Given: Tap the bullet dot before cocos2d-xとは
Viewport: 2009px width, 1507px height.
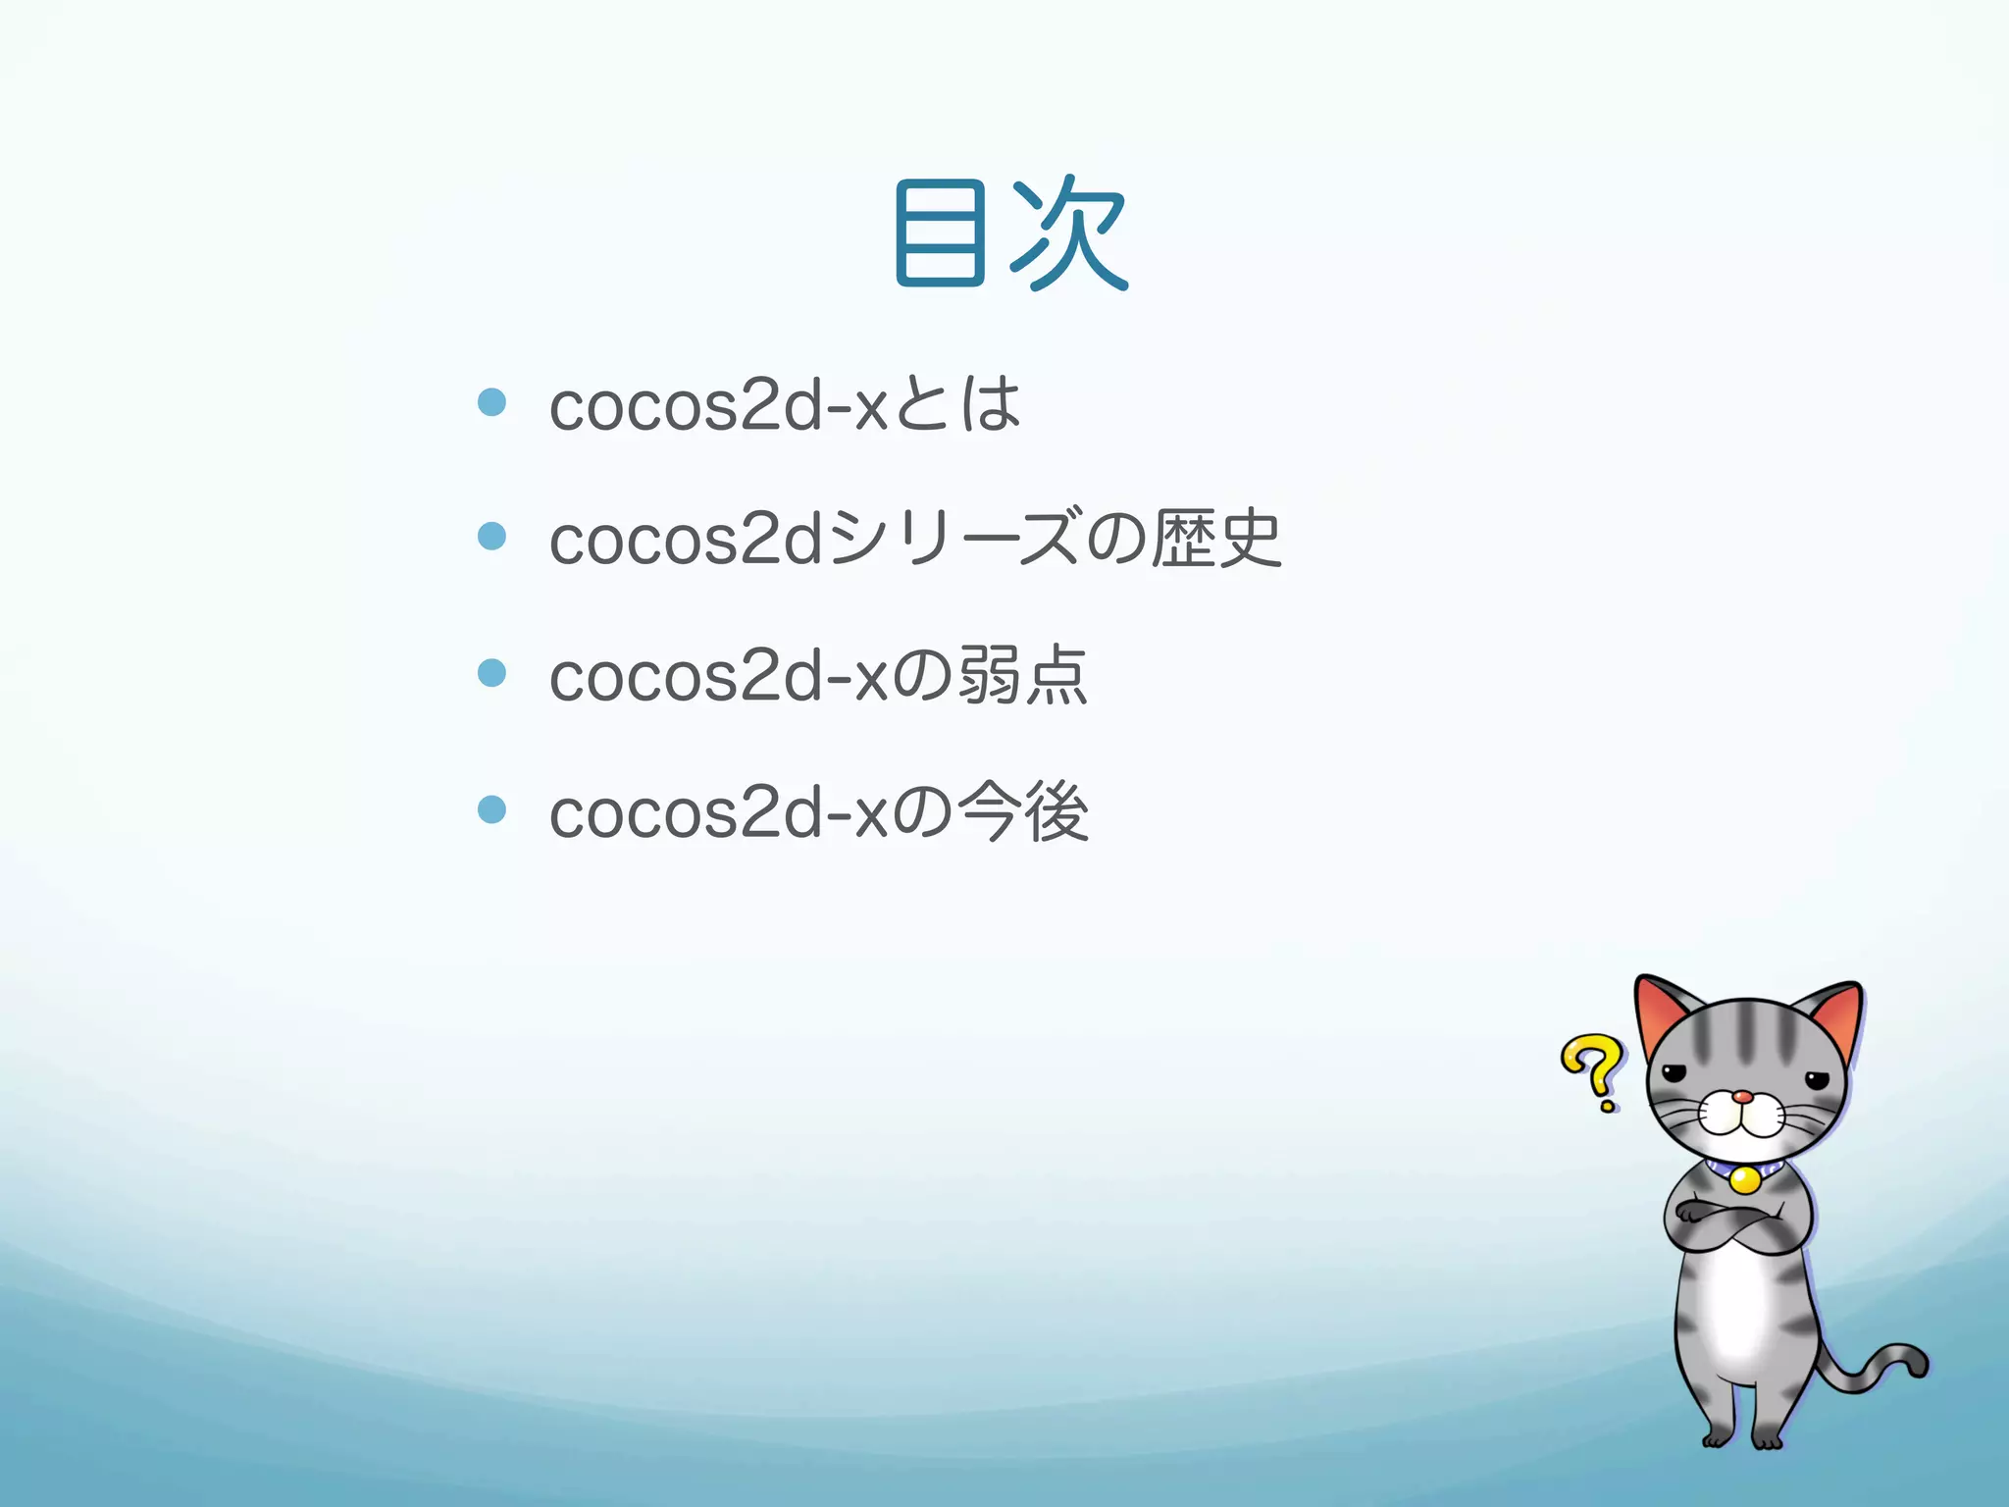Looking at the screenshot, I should [491, 402].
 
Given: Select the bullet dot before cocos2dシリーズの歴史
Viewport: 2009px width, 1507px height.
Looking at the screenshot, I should [491, 537].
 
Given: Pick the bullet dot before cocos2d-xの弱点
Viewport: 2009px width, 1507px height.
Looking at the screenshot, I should [491, 673].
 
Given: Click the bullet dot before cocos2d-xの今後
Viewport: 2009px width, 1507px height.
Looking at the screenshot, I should [491, 809].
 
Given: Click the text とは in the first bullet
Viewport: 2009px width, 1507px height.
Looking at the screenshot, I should [957, 404].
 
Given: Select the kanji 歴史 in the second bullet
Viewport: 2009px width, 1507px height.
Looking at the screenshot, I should [1216, 539].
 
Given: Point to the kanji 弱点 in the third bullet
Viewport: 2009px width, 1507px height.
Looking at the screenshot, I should [1022, 675].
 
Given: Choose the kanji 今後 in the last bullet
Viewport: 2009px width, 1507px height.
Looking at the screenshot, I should [1022, 811].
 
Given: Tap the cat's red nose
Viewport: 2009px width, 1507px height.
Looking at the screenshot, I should [1742, 1097].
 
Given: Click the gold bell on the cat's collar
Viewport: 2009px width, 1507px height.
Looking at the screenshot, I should [1743, 1178].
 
